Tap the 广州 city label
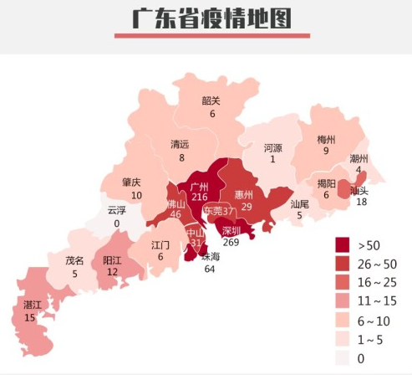[199, 185]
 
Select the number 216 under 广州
[199, 197]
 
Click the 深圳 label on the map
[231, 230]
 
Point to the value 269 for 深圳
[231, 242]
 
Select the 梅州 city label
[326, 139]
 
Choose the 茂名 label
[74, 260]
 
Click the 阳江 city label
[112, 260]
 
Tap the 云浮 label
[116, 211]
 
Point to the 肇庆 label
[131, 182]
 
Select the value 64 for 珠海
[209, 269]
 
